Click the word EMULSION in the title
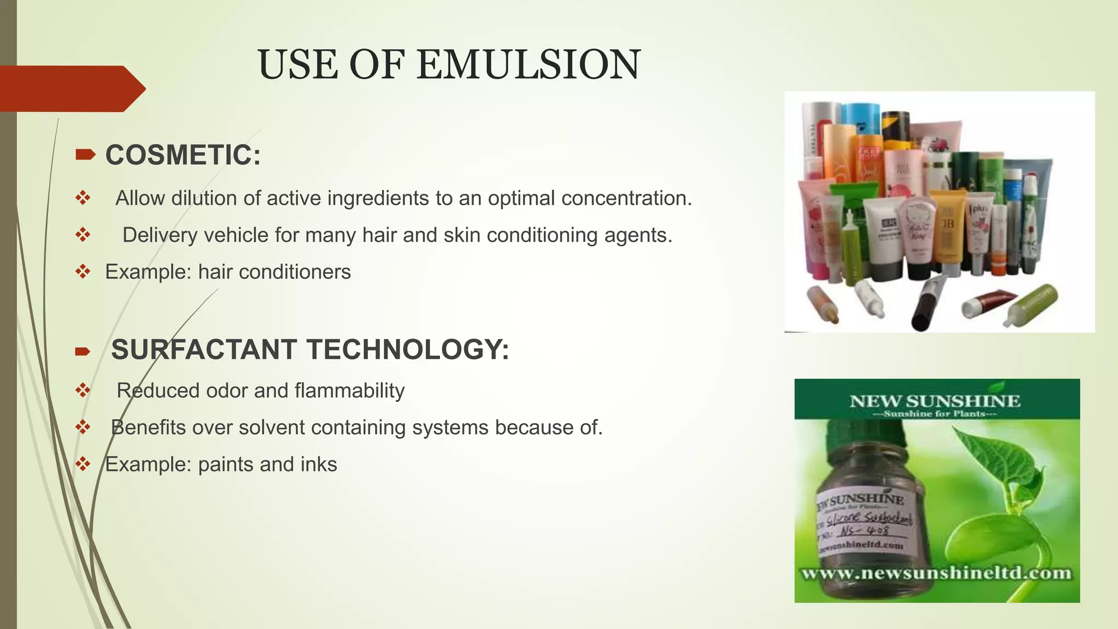[528, 64]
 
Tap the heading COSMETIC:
[183, 155]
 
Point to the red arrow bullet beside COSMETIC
[85, 155]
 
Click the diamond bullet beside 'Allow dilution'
[83, 198]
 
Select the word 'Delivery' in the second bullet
[157, 235]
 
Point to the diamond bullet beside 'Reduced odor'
[83, 390]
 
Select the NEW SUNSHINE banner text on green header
[935, 401]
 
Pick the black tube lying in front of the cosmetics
[927, 303]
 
